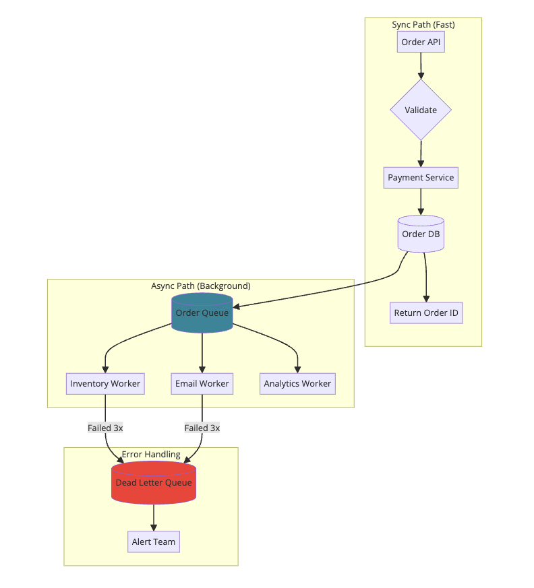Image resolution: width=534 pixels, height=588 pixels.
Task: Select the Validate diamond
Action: [x=421, y=110]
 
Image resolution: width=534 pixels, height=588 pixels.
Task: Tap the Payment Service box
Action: [x=421, y=178]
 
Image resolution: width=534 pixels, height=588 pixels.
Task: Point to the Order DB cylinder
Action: [x=421, y=234]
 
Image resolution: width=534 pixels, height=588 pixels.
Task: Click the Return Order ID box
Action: [x=426, y=313]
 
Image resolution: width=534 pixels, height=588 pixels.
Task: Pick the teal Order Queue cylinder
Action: [x=202, y=313]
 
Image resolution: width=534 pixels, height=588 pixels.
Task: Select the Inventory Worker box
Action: [x=105, y=383]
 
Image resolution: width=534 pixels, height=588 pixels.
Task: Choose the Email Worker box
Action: [x=202, y=383]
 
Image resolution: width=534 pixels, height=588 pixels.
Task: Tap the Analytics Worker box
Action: [x=297, y=383]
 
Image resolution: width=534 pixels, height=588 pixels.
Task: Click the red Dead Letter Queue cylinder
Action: [x=154, y=483]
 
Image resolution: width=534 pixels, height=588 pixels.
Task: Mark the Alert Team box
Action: [x=154, y=542]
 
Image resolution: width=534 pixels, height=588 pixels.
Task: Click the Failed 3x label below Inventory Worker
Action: [x=105, y=428]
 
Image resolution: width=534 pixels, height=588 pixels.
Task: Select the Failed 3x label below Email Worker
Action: [x=202, y=428]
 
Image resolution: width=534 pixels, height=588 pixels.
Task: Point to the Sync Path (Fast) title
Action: [x=423, y=25]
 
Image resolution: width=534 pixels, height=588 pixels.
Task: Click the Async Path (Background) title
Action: [x=201, y=286]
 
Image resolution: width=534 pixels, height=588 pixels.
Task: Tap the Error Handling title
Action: [x=151, y=454]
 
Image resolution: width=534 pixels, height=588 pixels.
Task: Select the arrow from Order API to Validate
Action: [x=421, y=66]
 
